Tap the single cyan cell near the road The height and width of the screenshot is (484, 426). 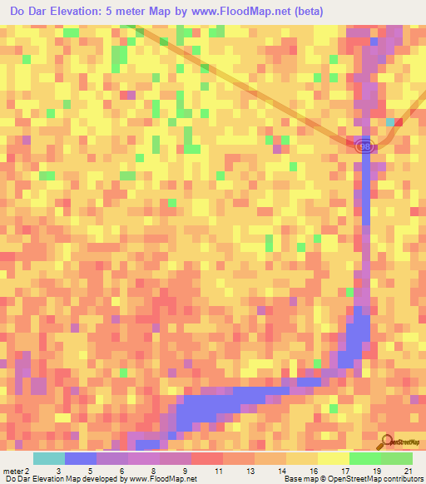click(x=390, y=122)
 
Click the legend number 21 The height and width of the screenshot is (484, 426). click(x=407, y=470)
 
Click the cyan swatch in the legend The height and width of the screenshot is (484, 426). click(x=49, y=458)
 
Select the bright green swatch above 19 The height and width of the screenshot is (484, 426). click(x=364, y=458)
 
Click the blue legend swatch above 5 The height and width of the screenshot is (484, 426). click(x=81, y=458)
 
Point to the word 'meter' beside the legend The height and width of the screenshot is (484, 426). click(x=12, y=470)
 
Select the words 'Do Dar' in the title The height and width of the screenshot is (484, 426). click(x=28, y=12)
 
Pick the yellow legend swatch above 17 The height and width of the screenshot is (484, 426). click(x=333, y=458)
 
